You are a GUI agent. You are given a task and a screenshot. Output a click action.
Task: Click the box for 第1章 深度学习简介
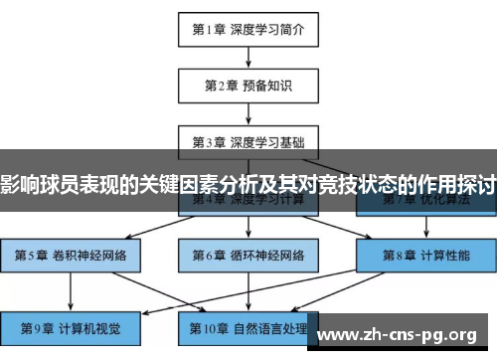tap(248, 29)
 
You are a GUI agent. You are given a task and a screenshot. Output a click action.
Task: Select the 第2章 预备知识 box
tap(248, 85)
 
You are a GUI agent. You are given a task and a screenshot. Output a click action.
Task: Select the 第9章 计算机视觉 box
tap(69, 326)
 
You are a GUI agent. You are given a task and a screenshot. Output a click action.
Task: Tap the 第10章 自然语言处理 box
tap(248, 326)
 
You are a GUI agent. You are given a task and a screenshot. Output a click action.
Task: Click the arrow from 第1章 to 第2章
tap(248, 57)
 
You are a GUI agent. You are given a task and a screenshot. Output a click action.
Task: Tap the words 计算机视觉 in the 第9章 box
tap(87, 326)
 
